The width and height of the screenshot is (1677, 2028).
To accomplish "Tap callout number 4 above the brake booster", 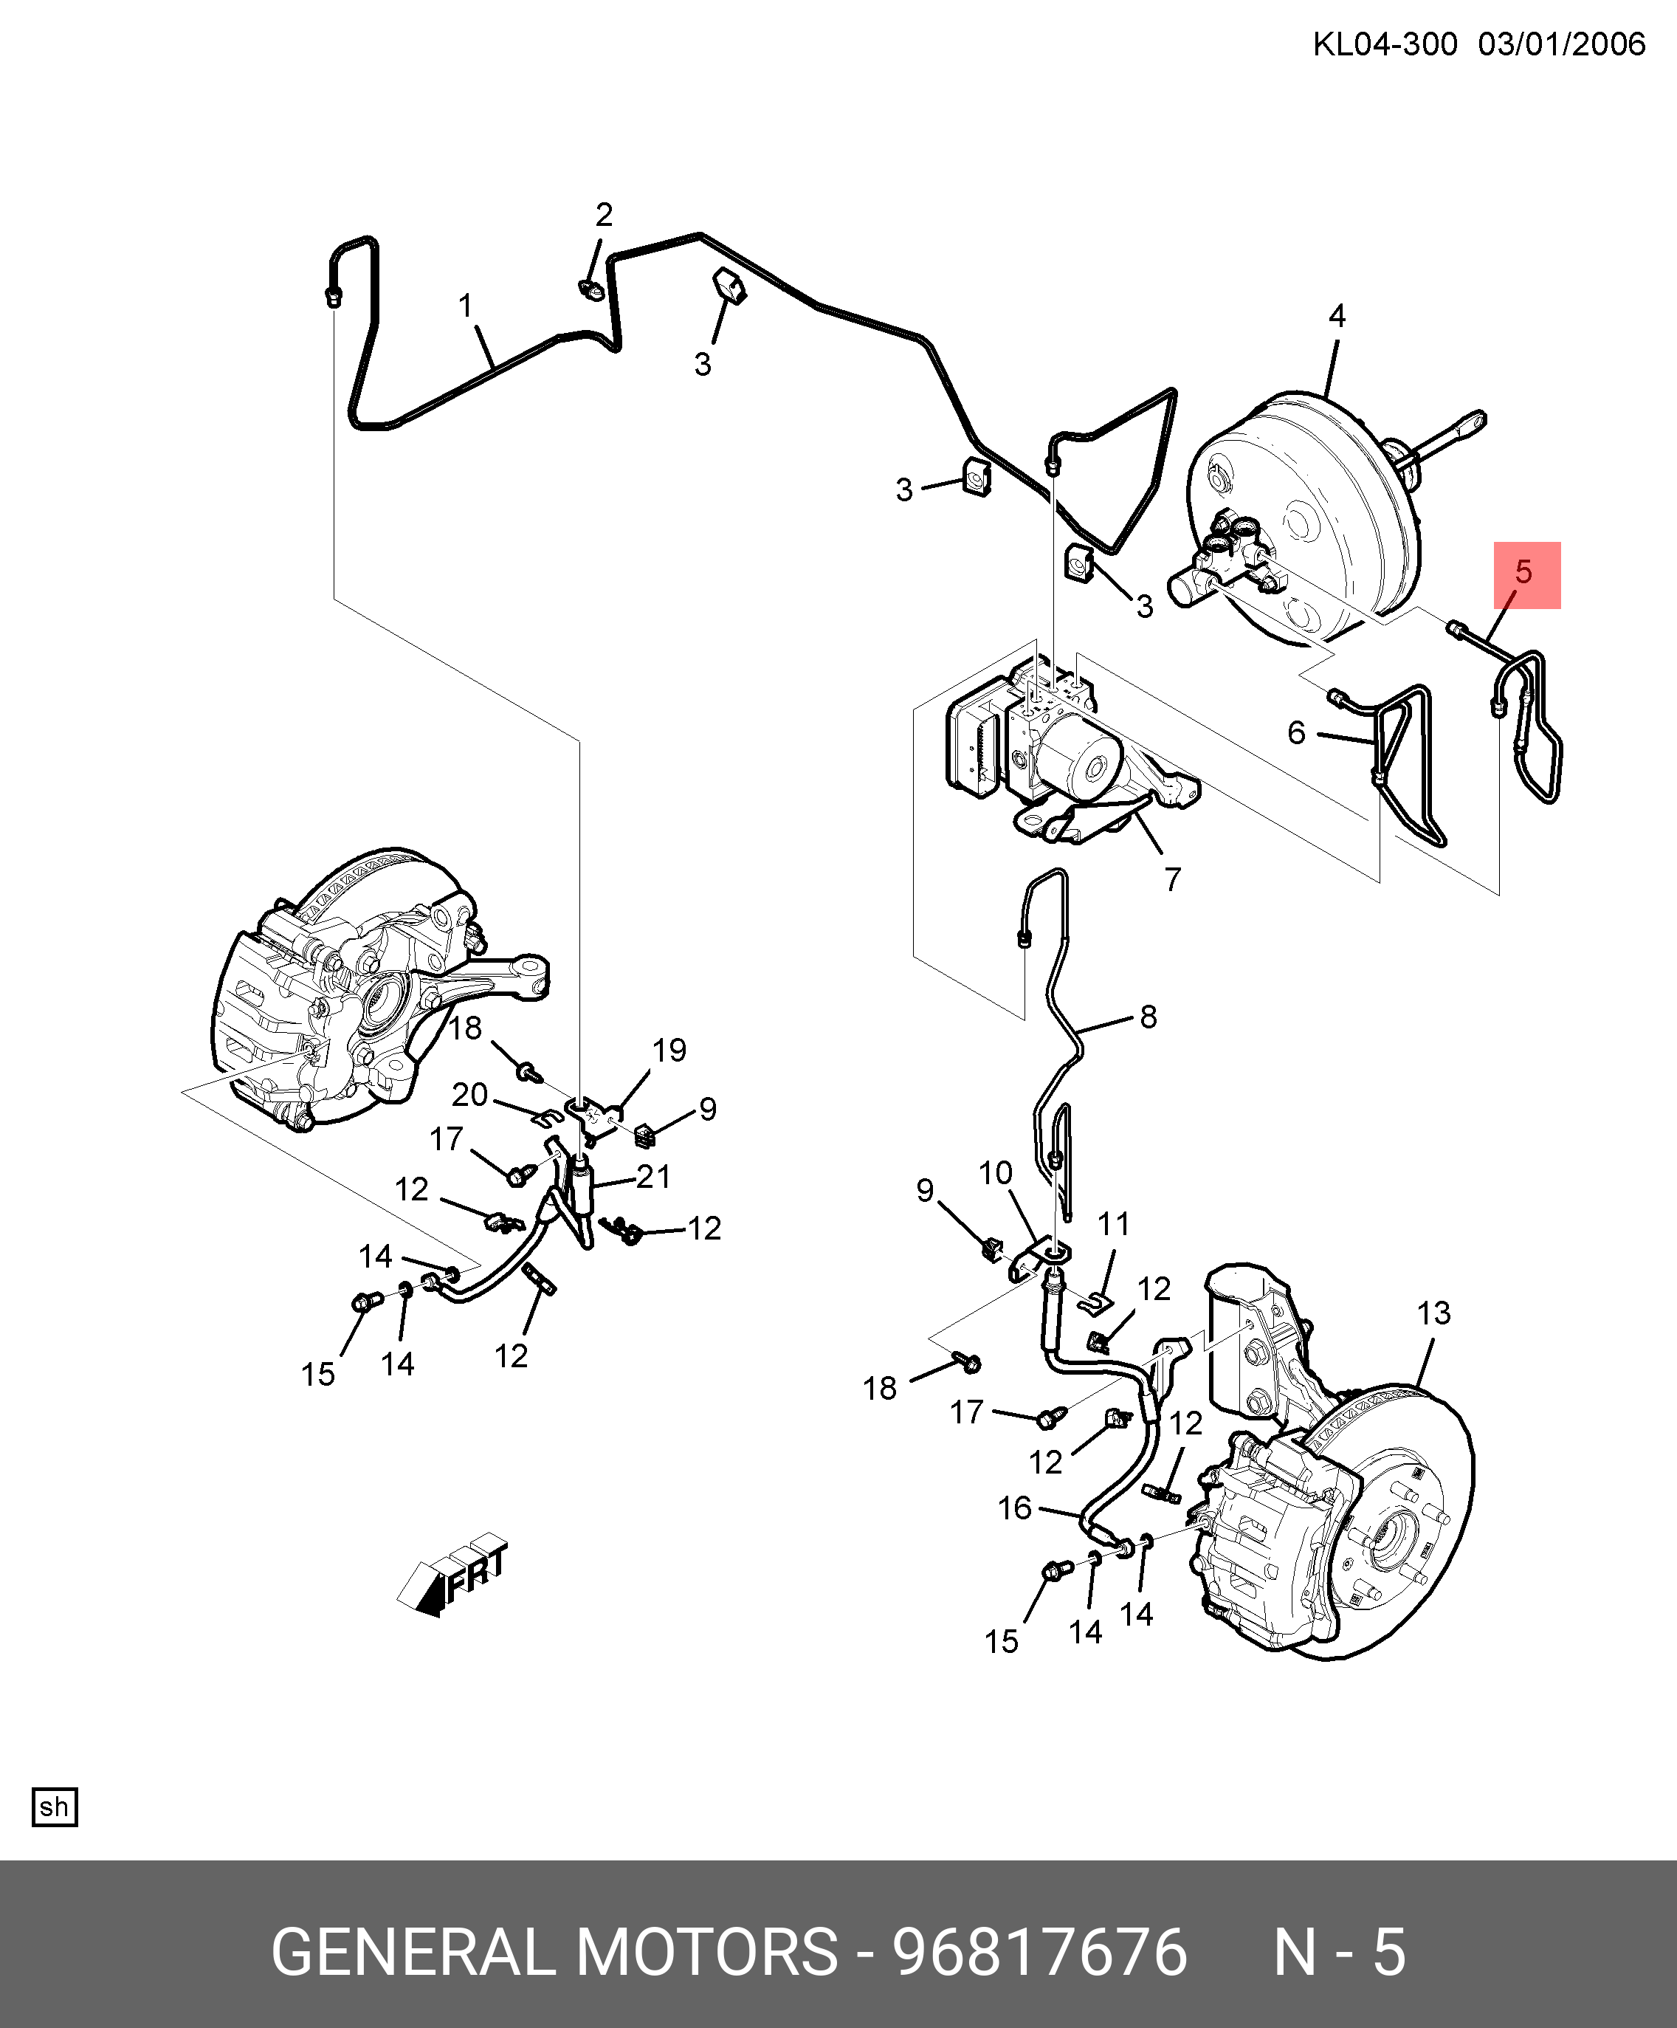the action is click(x=1337, y=316).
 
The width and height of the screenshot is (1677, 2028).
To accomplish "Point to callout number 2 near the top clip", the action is click(x=605, y=214).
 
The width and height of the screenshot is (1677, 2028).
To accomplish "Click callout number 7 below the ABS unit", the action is click(x=1173, y=879).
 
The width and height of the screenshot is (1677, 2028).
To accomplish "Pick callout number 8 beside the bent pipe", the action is click(x=1148, y=1016).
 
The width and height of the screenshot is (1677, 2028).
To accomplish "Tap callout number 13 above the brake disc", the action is click(x=1433, y=1313).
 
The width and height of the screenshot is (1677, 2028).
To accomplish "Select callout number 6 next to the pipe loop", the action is click(x=1297, y=732).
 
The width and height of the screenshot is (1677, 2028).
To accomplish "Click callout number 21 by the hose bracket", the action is click(x=654, y=1176).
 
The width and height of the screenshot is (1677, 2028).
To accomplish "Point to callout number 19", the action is click(x=669, y=1050).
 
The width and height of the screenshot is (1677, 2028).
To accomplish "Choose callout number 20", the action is click(x=470, y=1094).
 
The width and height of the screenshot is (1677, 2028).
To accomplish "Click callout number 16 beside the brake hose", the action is click(x=1015, y=1508).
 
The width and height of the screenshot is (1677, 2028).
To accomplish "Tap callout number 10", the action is click(x=996, y=1172).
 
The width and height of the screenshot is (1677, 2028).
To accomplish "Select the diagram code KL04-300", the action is click(x=1385, y=44).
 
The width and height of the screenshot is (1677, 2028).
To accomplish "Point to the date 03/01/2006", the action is click(x=1561, y=44).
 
